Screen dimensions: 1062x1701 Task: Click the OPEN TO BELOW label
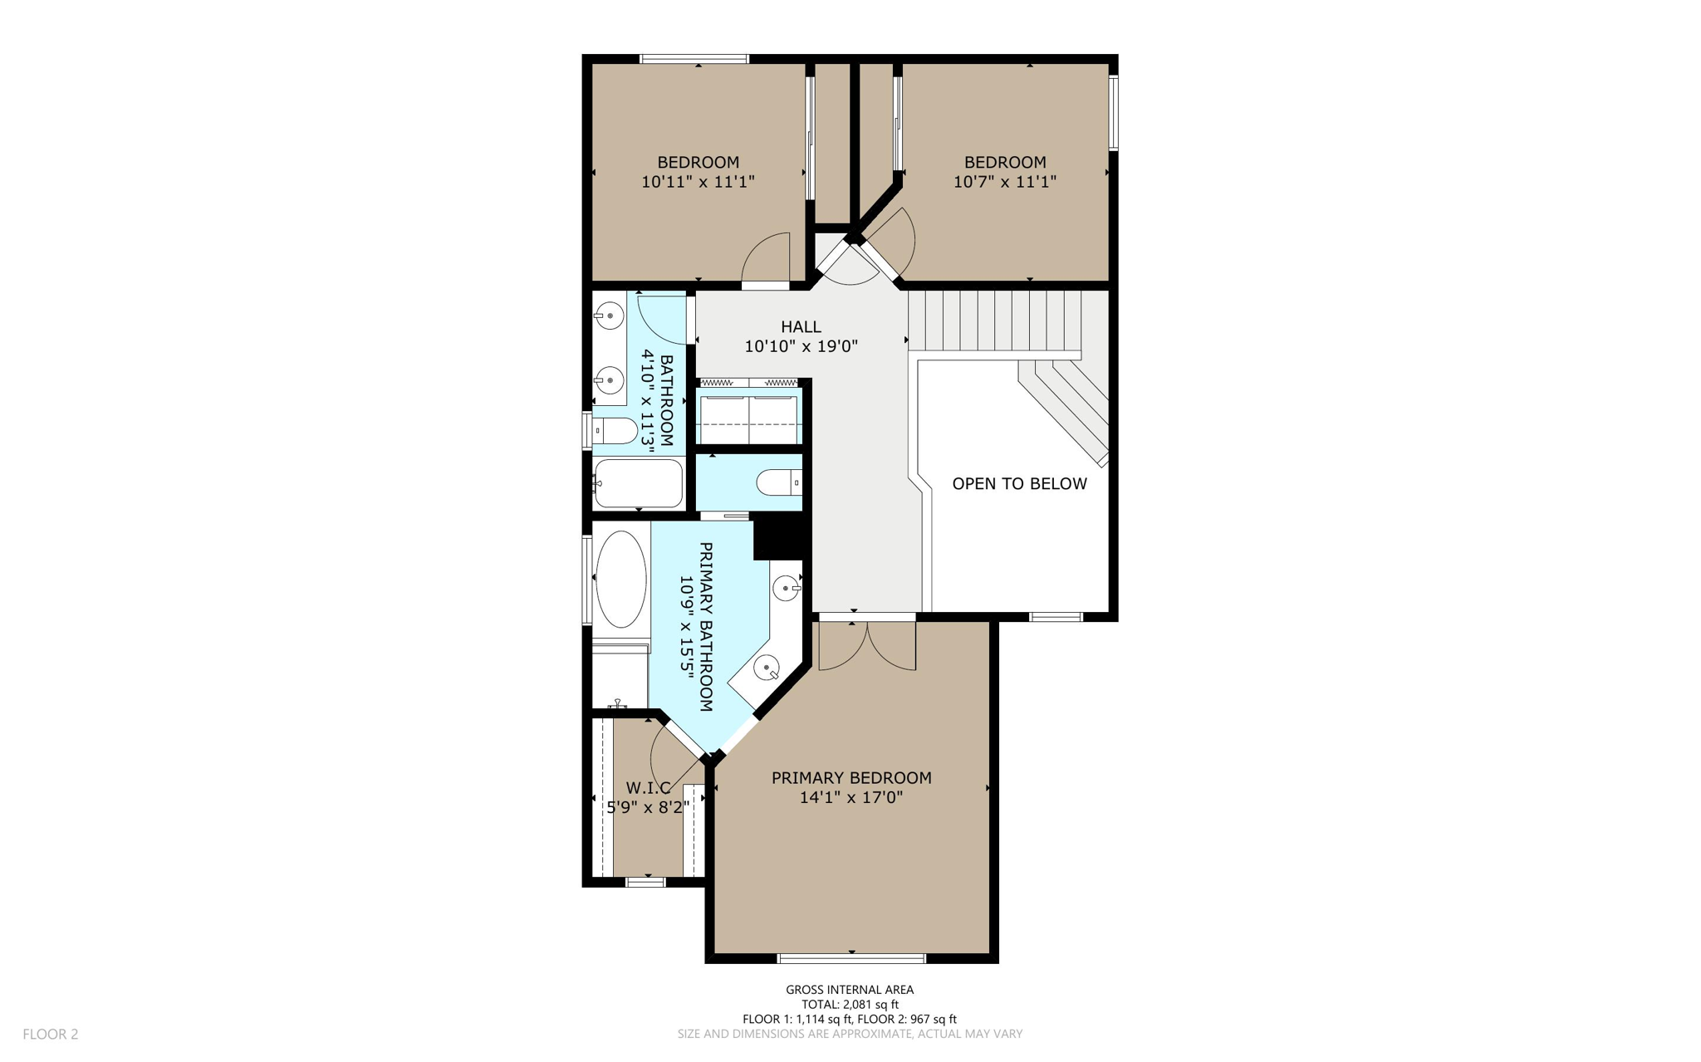(1019, 483)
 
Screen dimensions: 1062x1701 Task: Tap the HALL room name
(801, 327)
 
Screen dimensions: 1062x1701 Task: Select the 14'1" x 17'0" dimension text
(850, 798)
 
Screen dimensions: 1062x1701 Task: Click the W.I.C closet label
(648, 787)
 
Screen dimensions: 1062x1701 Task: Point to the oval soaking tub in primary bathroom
(621, 579)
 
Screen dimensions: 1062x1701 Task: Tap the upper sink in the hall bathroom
(610, 316)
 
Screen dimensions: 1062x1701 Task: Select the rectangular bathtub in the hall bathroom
(638, 483)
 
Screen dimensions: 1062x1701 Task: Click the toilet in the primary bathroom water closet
(778, 482)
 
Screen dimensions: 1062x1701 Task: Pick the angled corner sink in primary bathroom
(766, 667)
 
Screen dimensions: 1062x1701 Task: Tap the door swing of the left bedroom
(766, 259)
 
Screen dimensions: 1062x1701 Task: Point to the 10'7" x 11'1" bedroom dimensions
(1004, 182)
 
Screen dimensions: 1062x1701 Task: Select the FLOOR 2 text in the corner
(50, 1034)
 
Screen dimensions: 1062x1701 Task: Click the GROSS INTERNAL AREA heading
(850, 989)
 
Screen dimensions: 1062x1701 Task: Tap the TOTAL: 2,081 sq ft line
(850, 1004)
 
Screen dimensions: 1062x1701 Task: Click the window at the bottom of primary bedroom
(851, 958)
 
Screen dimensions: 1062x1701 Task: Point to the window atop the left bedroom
(694, 59)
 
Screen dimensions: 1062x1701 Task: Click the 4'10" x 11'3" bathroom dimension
(647, 401)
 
